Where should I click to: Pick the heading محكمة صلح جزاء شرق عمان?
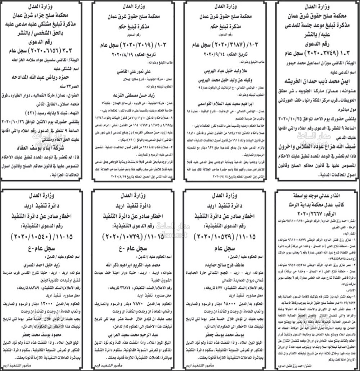45,16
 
